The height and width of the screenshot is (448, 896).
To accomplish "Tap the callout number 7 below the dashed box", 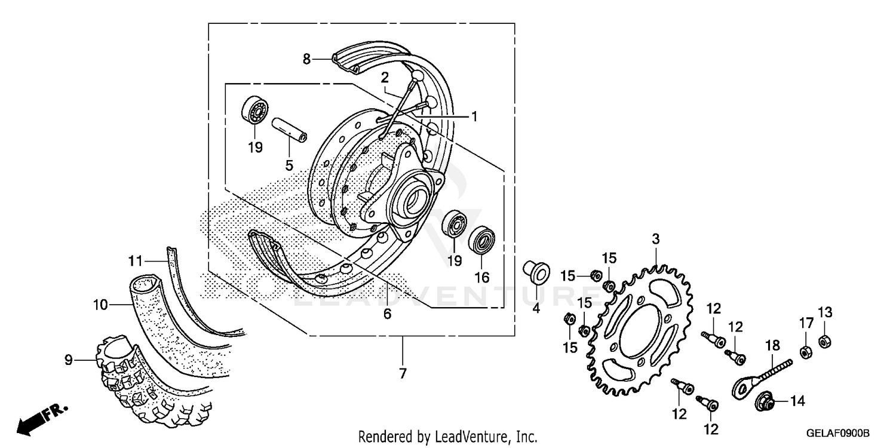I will tap(403, 374).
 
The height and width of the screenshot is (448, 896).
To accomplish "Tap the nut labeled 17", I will tap(805, 352).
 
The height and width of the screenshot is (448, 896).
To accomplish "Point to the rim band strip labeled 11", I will tap(197, 299).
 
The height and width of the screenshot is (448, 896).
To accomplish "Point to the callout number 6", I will tap(387, 314).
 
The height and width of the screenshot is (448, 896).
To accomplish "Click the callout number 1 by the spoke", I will tap(474, 116).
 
